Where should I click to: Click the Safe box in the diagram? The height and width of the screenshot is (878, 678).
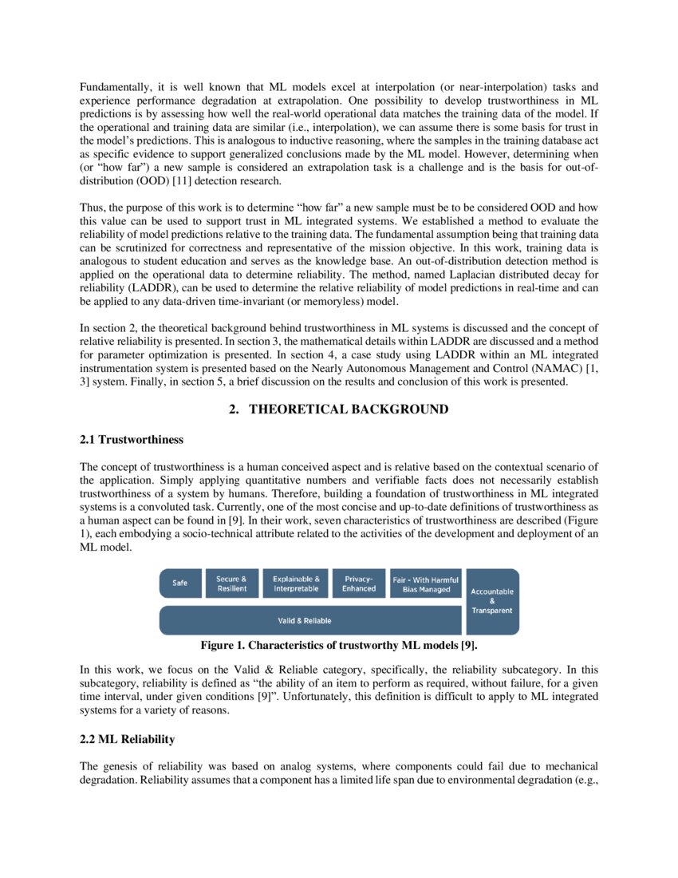click(180, 583)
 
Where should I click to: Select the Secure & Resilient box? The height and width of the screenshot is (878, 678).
click(232, 583)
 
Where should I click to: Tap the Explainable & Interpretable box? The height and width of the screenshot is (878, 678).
click(296, 583)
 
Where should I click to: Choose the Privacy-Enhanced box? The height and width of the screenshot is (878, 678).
click(359, 583)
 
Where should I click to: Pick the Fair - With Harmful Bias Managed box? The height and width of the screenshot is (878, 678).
click(426, 583)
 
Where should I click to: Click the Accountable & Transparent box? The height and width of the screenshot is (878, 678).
click(492, 601)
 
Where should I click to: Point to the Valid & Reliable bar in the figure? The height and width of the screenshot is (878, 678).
click(311, 620)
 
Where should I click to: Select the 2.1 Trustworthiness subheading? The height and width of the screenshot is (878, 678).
click(132, 440)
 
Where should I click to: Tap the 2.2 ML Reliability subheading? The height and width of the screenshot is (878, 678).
click(128, 740)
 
